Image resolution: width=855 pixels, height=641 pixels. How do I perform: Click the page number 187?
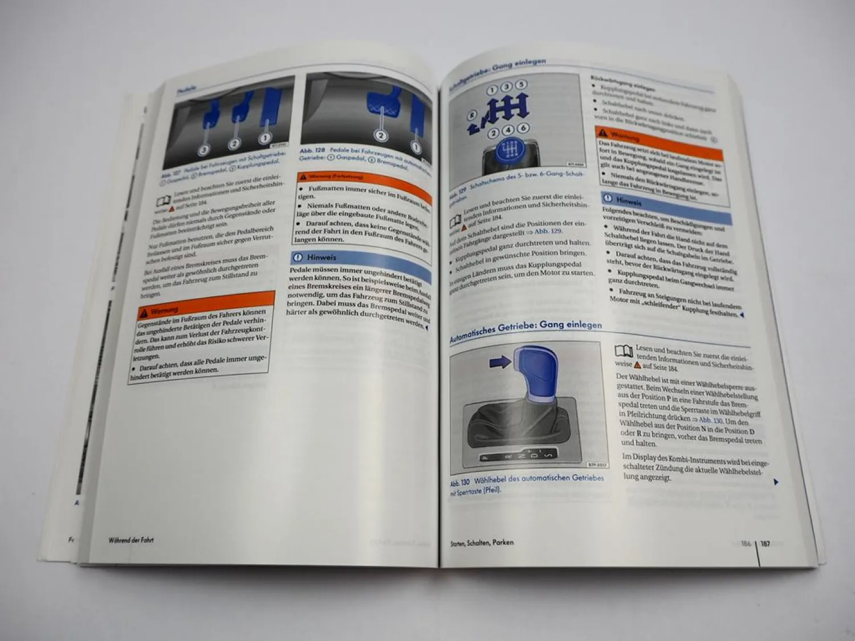pos(766,544)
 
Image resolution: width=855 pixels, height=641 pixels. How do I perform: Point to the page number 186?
pos(746,544)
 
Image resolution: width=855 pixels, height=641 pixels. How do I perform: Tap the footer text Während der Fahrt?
pos(131,540)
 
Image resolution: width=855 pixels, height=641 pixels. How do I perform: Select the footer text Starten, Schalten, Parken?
pos(482,543)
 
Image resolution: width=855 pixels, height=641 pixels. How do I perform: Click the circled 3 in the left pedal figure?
pos(204,149)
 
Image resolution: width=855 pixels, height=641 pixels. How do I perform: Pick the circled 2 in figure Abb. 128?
pos(381,136)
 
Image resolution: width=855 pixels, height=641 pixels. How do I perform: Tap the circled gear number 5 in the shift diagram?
pos(522,85)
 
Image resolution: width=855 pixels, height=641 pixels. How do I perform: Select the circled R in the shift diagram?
pos(472,115)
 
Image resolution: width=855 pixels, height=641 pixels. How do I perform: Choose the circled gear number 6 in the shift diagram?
pos(523,129)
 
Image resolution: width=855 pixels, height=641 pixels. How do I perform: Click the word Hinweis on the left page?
pos(321,258)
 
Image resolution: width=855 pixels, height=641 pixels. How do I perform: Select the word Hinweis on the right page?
pos(629,201)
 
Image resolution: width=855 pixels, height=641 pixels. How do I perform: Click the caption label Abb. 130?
pos(460,483)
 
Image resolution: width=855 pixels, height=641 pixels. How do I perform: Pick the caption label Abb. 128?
pos(312,150)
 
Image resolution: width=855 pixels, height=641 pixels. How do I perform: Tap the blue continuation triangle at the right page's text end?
pos(776,482)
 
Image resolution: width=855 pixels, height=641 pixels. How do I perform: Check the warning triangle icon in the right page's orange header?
pos(602,132)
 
